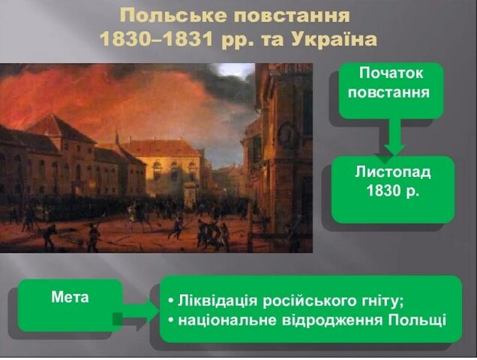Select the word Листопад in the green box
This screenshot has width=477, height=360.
393,172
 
